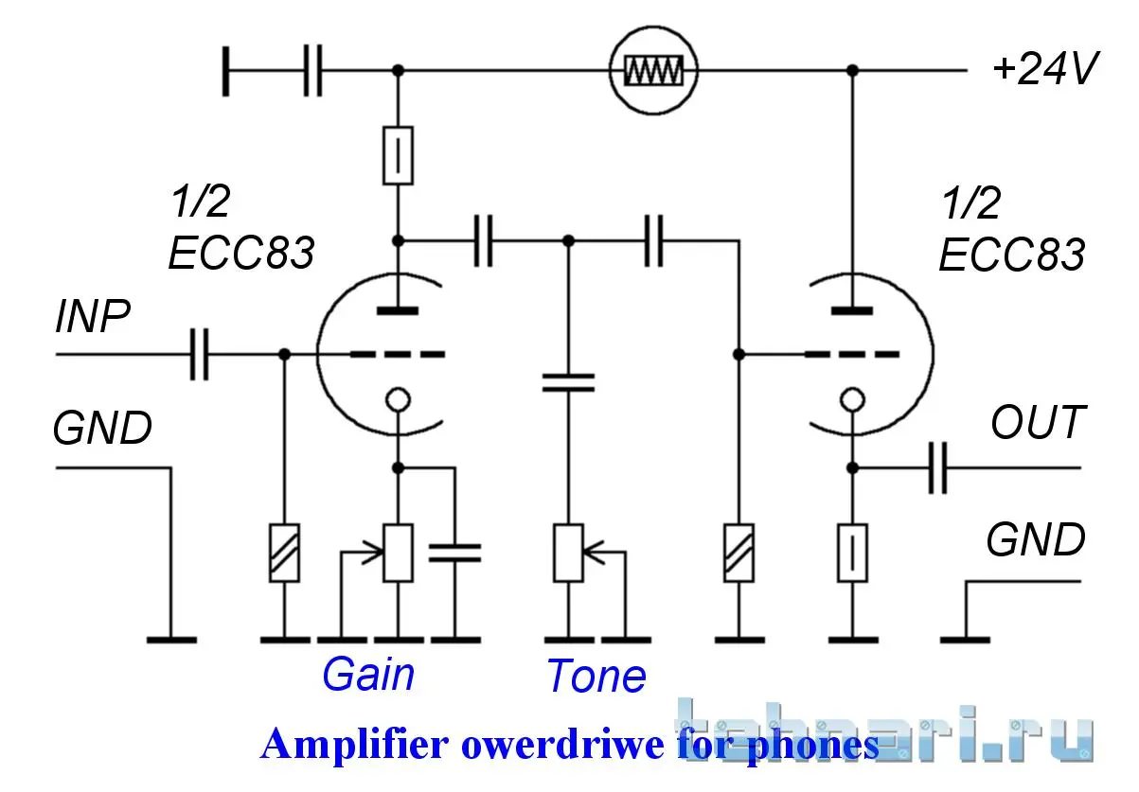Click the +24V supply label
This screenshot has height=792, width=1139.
[1045, 70]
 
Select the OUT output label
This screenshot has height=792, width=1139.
[1037, 423]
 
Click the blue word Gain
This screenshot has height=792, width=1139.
[367, 675]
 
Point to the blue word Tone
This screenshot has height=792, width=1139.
[596, 676]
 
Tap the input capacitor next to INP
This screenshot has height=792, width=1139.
[199, 354]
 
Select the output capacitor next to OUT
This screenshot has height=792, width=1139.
[937, 467]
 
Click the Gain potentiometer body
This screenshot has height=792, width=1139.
[398, 553]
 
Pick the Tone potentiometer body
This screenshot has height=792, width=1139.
[568, 553]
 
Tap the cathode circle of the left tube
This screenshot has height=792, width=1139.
[398, 400]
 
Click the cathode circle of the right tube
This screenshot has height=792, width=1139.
[852, 400]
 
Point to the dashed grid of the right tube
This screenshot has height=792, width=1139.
[852, 354]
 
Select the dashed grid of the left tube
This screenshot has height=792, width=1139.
[398, 354]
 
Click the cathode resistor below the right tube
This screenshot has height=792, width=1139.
[852, 553]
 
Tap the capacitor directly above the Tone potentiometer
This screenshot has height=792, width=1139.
[568, 382]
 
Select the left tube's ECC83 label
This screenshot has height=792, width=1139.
[240, 254]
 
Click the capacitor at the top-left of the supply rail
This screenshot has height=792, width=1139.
[312, 70]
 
